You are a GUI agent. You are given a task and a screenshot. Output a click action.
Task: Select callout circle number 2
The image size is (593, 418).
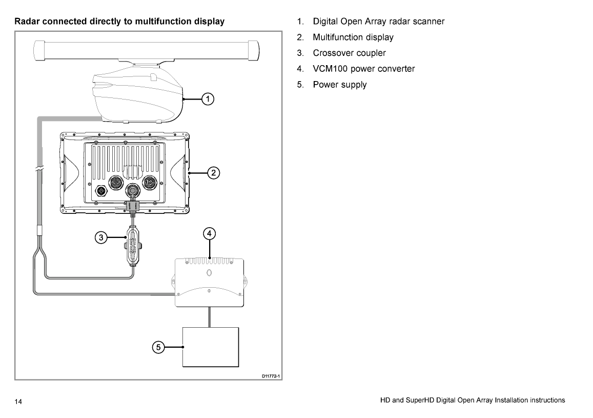[214, 173]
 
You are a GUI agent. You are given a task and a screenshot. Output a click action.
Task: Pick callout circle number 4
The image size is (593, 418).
[209, 233]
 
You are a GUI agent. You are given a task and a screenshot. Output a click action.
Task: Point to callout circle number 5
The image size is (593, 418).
[158, 347]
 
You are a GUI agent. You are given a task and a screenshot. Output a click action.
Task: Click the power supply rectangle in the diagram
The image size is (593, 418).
[211, 347]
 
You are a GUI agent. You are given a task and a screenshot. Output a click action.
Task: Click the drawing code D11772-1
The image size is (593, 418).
[271, 376]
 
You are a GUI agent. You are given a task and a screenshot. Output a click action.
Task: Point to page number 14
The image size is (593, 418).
[18, 401]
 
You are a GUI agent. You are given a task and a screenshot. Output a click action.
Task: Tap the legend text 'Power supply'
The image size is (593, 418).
[336, 85]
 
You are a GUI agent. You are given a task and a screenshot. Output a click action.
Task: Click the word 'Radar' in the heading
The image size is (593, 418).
[27, 22]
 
